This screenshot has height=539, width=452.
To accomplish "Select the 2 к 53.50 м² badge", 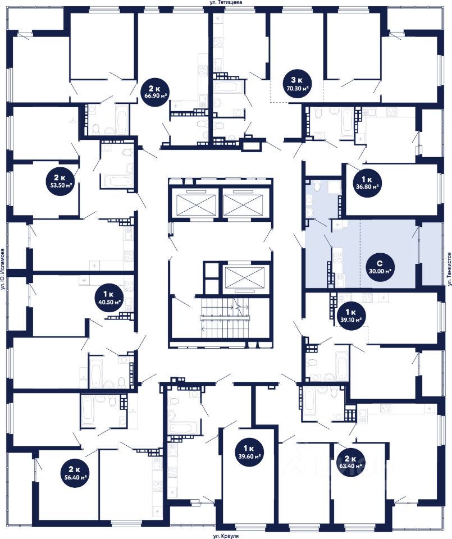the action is coord(60,181).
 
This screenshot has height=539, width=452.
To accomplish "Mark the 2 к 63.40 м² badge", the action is coord(350,462).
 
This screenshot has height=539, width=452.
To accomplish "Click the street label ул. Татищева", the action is coord(226,2).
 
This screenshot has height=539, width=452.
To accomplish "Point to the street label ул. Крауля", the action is coord(226,536).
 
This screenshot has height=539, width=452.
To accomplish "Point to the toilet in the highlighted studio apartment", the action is coord(317,187).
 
